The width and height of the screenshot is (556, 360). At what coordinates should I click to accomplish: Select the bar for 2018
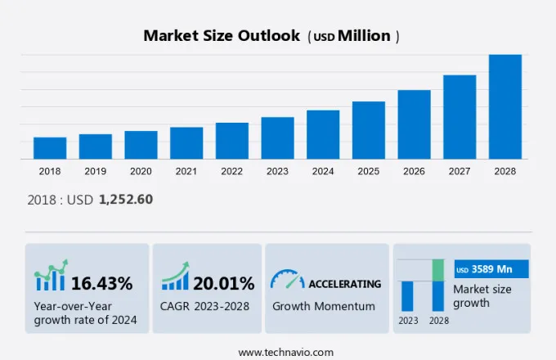50,148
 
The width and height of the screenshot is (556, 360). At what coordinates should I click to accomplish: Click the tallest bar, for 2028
505,106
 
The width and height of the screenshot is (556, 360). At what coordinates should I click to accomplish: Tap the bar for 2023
277,138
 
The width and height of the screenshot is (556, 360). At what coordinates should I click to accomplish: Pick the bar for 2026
414,124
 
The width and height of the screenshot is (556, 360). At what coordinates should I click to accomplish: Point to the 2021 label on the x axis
186,172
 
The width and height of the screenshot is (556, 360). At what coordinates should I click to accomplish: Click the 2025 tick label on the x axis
368,172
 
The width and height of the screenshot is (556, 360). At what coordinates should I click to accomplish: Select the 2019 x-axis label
95,172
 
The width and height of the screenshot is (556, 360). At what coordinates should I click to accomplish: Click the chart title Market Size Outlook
221,36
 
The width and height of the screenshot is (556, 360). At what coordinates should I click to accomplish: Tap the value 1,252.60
126,199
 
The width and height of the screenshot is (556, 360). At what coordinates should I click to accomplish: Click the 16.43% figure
101,284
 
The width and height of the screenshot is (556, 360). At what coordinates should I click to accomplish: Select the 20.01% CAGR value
224,284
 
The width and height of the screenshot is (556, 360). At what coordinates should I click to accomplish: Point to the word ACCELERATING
344,284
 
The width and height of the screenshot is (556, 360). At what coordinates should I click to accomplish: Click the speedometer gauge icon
287,279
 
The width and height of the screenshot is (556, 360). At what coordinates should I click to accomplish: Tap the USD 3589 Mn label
491,269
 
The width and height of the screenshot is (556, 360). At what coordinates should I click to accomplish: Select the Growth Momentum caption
324,306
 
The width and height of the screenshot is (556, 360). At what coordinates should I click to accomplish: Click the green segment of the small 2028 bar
438,270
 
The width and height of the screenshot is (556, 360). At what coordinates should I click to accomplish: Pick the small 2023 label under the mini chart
407,320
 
